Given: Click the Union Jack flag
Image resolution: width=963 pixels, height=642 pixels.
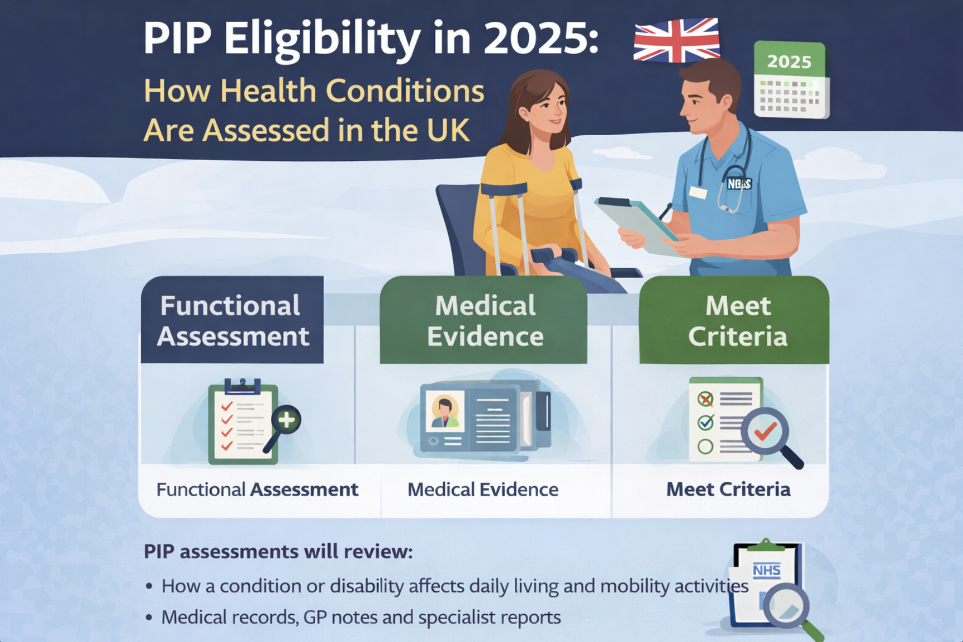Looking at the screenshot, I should [677, 40].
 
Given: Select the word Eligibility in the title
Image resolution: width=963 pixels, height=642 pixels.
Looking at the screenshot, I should [322, 39].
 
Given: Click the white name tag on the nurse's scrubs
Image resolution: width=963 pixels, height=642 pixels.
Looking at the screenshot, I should [698, 192].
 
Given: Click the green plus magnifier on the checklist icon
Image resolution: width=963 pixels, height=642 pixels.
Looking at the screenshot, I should [286, 420].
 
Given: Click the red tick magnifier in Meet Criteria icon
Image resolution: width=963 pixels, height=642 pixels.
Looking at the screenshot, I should [766, 432].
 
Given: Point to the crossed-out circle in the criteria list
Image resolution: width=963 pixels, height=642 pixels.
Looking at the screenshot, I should [705, 398].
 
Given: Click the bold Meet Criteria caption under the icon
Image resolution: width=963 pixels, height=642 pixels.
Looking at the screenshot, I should [728, 490].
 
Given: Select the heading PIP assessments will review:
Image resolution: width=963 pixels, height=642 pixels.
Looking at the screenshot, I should [278, 552].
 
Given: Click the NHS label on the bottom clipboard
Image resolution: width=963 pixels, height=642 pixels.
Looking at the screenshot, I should [766, 570].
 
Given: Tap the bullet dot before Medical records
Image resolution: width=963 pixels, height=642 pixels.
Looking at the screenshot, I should [148, 618].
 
